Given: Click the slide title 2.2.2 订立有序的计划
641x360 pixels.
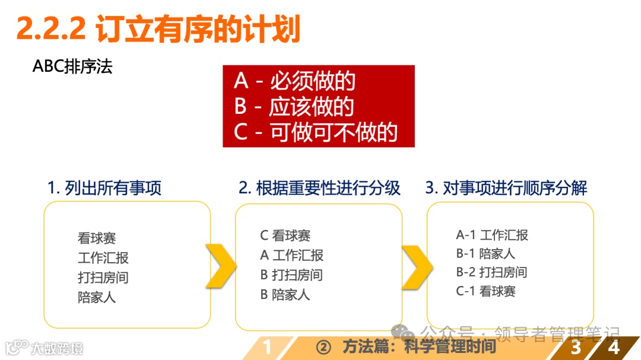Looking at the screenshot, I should pyautogui.click(x=158, y=28).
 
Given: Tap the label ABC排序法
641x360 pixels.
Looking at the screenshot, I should pyautogui.click(x=72, y=66).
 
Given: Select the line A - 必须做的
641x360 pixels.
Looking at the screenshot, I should pyautogui.click(x=294, y=81).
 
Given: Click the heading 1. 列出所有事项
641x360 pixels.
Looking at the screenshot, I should pyautogui.click(x=104, y=189).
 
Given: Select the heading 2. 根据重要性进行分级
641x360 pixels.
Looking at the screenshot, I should pyautogui.click(x=319, y=189).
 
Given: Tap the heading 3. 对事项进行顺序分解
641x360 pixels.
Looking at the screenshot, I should pyautogui.click(x=506, y=189).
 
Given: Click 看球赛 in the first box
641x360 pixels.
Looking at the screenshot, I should pyautogui.click(x=97, y=238).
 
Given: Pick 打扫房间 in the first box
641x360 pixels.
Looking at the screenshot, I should pyautogui.click(x=103, y=278).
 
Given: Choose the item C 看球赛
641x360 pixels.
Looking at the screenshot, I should pyautogui.click(x=285, y=235).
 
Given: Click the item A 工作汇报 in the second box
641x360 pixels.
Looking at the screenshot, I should pyautogui.click(x=291, y=255).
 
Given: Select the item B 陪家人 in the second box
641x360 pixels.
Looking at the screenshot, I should pyautogui.click(x=285, y=294).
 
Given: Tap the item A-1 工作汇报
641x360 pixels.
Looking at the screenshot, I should pyautogui.click(x=491, y=235).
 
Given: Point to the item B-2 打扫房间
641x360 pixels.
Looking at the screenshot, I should pyautogui.click(x=491, y=272).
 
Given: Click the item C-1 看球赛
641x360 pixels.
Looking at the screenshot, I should pyautogui.click(x=485, y=291).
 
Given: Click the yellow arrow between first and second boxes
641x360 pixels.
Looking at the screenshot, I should pyautogui.click(x=221, y=266).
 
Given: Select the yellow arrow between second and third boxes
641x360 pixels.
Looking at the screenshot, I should pyautogui.click(x=416, y=266).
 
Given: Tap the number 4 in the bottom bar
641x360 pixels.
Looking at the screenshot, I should pyautogui.click(x=614, y=347).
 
